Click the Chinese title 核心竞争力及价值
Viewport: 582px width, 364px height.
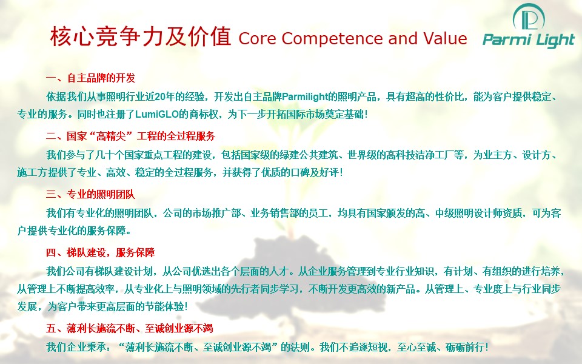click(x=141, y=37)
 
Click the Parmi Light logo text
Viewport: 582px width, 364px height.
click(x=529, y=40)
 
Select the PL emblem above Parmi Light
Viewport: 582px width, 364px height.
click(x=529, y=18)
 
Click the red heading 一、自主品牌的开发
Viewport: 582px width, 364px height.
click(x=90, y=78)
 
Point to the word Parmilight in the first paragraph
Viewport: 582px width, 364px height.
click(x=305, y=97)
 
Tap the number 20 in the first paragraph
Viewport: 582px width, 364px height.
click(x=160, y=97)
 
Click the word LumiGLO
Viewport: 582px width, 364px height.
click(x=157, y=115)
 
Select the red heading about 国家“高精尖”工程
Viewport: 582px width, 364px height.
click(x=131, y=136)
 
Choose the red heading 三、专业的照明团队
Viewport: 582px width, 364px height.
click(x=90, y=194)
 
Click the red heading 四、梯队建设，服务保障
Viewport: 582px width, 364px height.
click(x=100, y=252)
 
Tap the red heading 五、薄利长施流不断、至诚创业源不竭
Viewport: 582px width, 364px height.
click(x=130, y=328)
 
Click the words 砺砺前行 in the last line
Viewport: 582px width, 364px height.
click(x=465, y=347)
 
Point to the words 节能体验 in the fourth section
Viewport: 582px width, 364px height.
click(x=164, y=307)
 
